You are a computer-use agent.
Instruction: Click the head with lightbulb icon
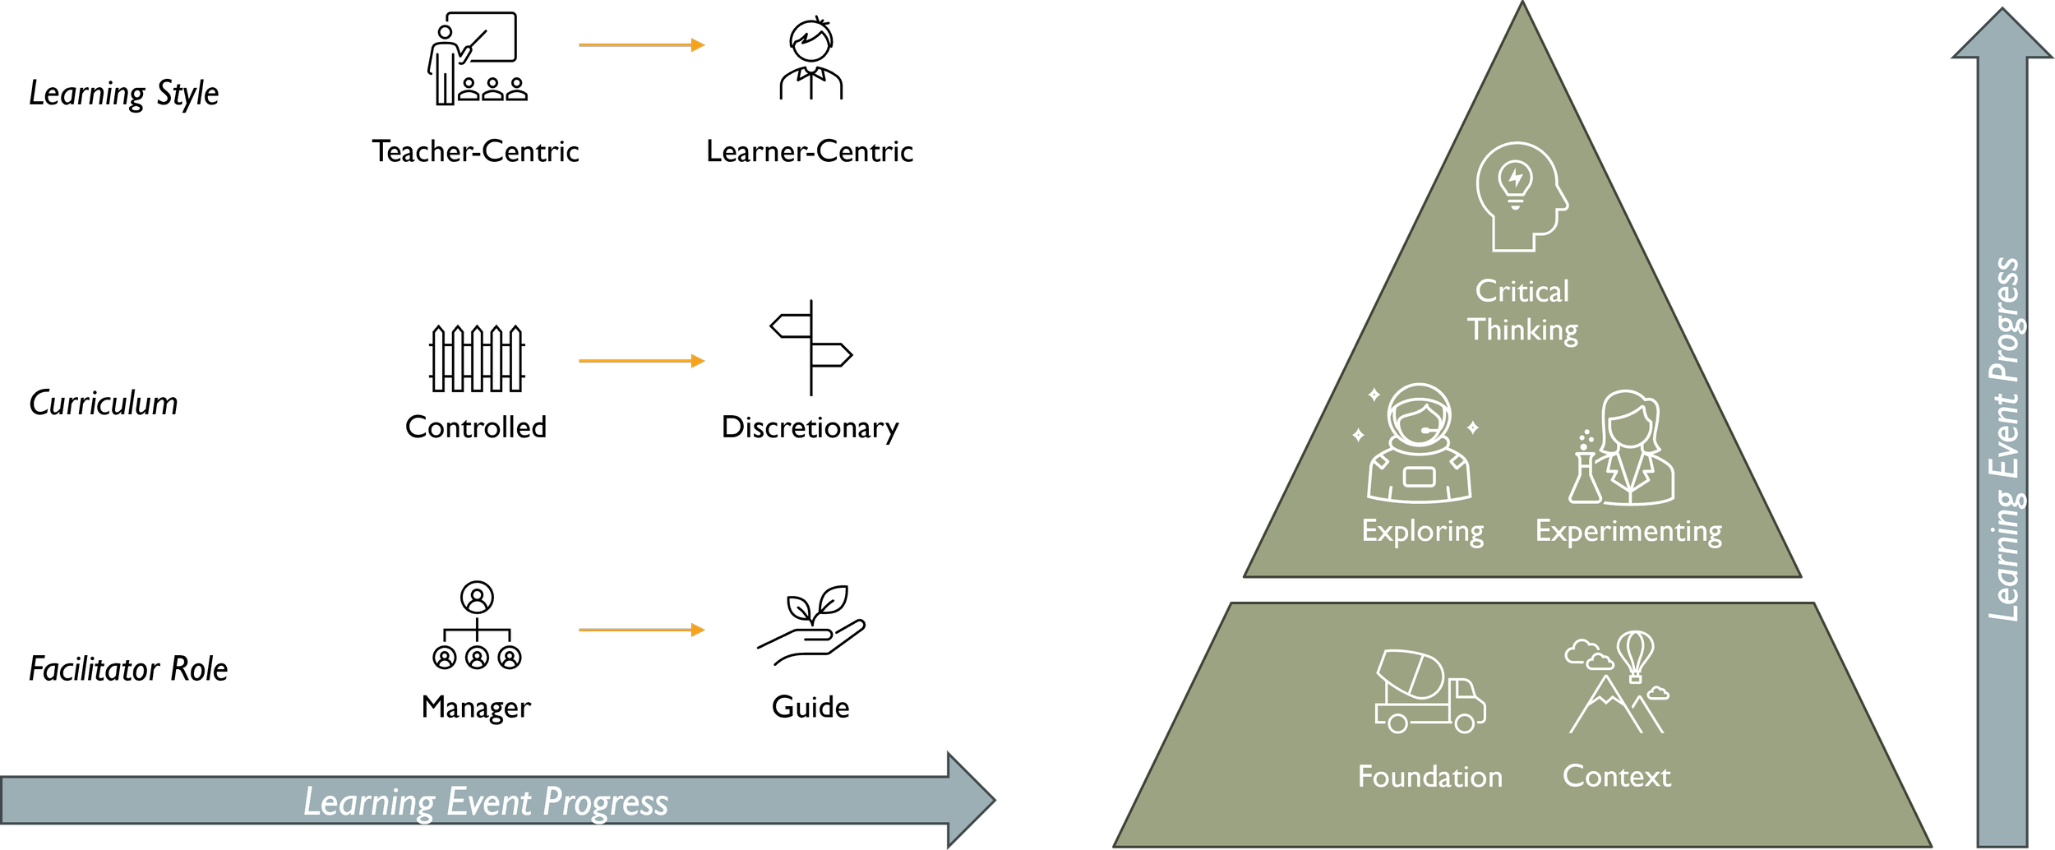(1521, 197)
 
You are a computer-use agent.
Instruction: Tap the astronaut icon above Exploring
(1419, 444)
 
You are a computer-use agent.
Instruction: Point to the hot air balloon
(1635, 654)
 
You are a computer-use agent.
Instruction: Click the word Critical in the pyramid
(1522, 291)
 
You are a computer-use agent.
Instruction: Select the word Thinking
(1522, 330)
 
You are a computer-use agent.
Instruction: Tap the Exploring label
(1422, 531)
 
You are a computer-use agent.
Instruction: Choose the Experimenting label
(1628, 531)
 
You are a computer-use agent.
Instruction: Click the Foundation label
(1429, 777)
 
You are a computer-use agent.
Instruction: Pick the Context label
(1616, 776)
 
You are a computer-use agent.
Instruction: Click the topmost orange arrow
(641, 45)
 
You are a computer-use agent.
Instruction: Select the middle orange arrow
(641, 361)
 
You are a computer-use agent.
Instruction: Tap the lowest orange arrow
(641, 630)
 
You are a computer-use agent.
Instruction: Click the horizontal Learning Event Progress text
(486, 802)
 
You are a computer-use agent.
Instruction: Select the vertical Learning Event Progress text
(2004, 440)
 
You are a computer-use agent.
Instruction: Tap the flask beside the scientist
(1584, 481)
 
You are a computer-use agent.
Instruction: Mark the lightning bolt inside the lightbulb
(1516, 178)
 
